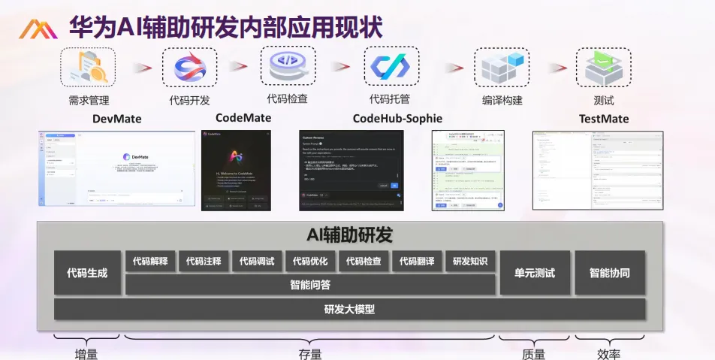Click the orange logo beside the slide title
pyautogui.click(x=38, y=29)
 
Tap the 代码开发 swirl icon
pyautogui.click(x=190, y=68)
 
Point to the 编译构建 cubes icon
pyautogui.click(x=502, y=69)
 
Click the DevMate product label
pyautogui.click(x=116, y=119)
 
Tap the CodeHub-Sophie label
pyautogui.click(x=397, y=118)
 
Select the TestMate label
pyautogui.click(x=603, y=119)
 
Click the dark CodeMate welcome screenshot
pyautogui.click(x=236, y=170)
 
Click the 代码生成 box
pyautogui.click(x=87, y=273)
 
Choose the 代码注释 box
pyautogui.click(x=204, y=262)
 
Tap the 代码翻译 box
pyautogui.click(x=417, y=262)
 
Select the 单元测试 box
pyautogui.click(x=534, y=273)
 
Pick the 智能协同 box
pyautogui.click(x=609, y=273)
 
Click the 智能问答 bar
pyautogui.click(x=310, y=285)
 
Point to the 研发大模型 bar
pyautogui.click(x=349, y=309)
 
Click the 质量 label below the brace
pyautogui.click(x=533, y=354)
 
